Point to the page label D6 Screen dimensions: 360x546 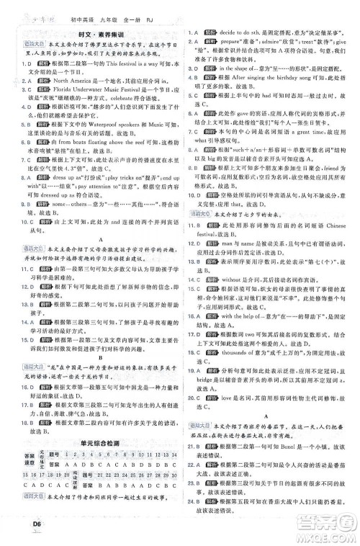pyautogui.click(x=16, y=532)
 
